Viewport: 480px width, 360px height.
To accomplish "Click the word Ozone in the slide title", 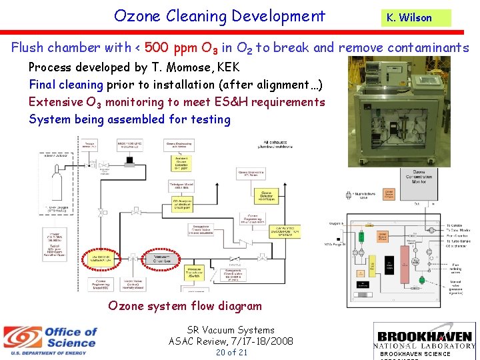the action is pos(141,16).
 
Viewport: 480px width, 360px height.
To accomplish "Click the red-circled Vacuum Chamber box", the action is pos(162,259).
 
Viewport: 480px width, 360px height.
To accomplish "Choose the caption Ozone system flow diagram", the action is pos(185,306).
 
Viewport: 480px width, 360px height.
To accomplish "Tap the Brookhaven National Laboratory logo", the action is pos(423,340).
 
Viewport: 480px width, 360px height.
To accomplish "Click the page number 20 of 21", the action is pos(231,352).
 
